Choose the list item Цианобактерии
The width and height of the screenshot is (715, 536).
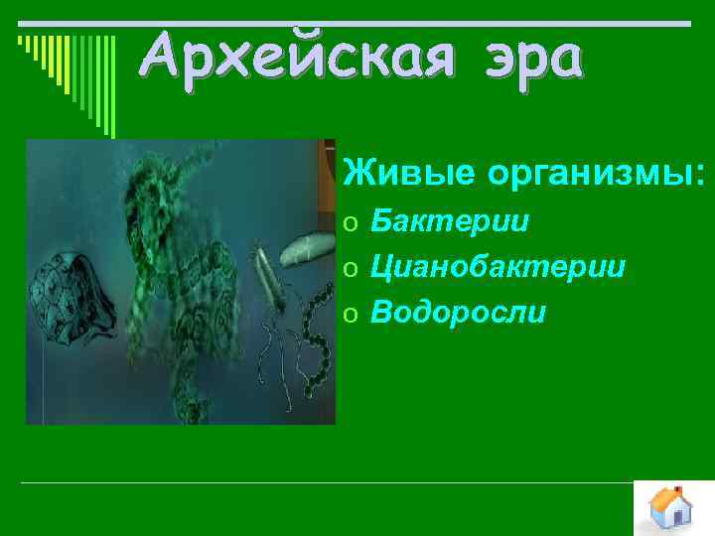tap(498, 266)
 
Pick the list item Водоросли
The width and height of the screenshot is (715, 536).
tap(458, 313)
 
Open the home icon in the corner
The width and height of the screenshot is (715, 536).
tap(673, 508)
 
